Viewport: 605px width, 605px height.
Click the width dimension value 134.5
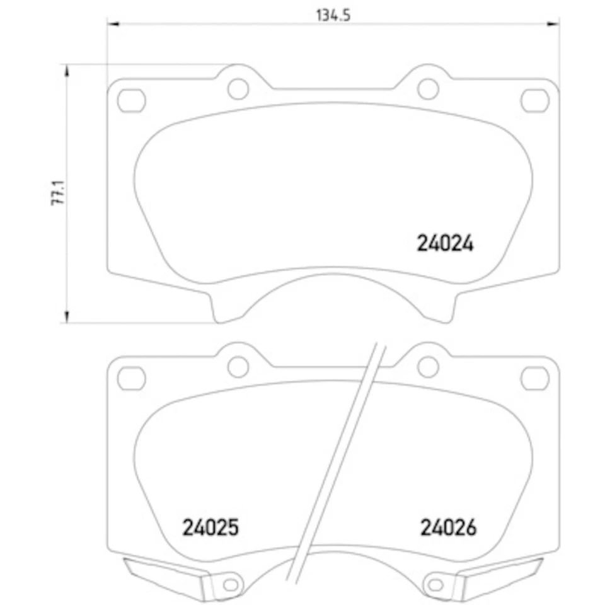pos(332,15)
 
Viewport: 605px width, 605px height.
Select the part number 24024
pos(444,243)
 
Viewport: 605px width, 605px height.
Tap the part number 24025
pos(210,527)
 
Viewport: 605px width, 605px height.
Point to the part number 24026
pos(448,527)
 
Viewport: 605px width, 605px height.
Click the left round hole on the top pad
pos(238,89)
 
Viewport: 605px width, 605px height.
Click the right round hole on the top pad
pos(428,89)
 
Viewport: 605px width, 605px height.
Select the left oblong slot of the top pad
pos(131,100)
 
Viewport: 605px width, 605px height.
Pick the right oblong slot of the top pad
pos(534,100)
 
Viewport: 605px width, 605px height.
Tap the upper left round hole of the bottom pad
pos(238,366)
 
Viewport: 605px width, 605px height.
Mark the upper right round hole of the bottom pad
pos(428,366)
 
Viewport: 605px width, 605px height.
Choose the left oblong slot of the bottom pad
pos(131,377)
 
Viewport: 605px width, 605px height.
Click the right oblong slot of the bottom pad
pos(534,377)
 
